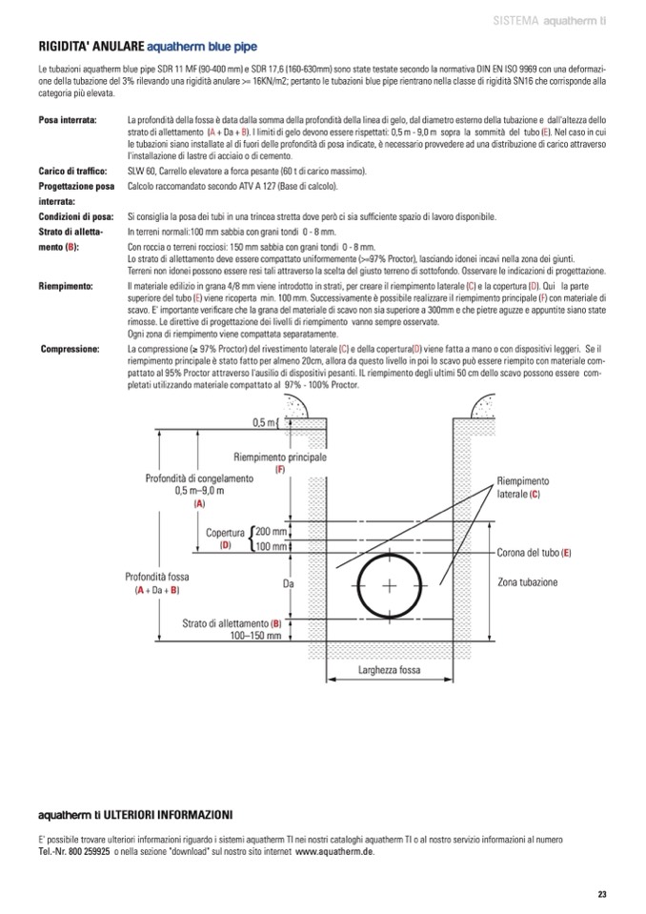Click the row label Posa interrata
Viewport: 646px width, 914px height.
coord(68,121)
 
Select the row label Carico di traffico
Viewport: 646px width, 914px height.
coord(71,170)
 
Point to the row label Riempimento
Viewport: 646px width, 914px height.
coord(65,286)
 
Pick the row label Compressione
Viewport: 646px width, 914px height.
coord(71,350)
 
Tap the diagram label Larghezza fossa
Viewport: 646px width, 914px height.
coord(389,670)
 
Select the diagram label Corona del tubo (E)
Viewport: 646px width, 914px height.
coord(535,553)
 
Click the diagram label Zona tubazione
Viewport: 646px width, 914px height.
coord(528,581)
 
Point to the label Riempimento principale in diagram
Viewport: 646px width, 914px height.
coord(280,457)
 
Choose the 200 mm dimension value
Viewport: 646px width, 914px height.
coord(271,531)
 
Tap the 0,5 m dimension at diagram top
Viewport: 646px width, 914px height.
coord(264,422)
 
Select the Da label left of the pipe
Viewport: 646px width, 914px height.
coord(287,583)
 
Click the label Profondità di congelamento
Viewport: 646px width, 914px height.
coord(198,478)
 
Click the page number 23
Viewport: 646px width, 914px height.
coord(601,893)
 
